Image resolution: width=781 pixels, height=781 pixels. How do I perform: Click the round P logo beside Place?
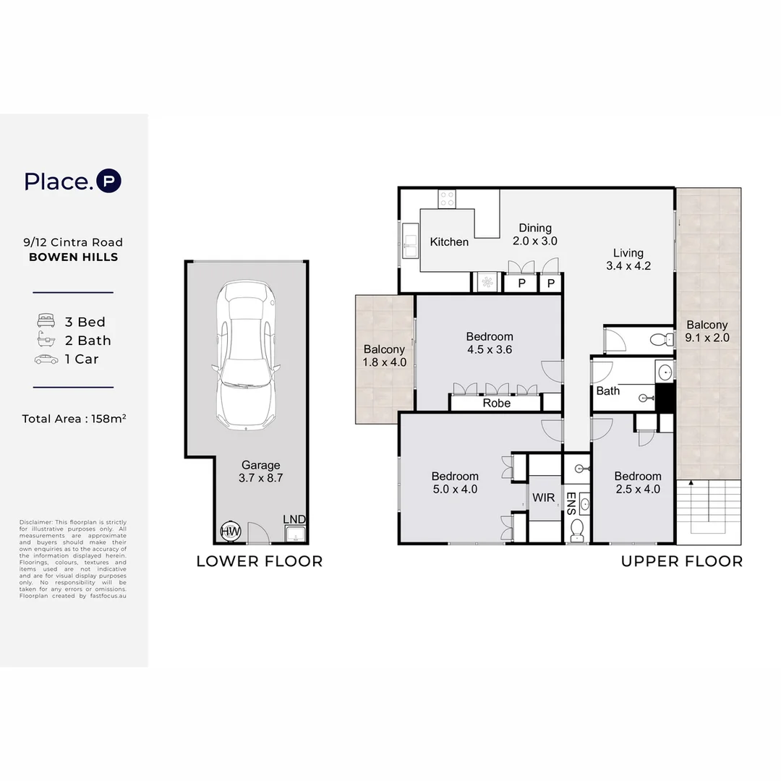click(x=108, y=181)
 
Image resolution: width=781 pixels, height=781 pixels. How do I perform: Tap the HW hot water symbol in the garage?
click(x=231, y=532)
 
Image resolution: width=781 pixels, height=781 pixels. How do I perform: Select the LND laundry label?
click(x=294, y=519)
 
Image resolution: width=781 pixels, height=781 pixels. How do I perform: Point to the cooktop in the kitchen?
click(x=447, y=199)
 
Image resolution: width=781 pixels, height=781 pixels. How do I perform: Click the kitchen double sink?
click(x=411, y=241)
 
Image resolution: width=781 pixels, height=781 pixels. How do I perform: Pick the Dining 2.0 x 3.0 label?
click(x=535, y=234)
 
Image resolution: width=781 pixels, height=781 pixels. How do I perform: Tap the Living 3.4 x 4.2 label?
click(x=628, y=260)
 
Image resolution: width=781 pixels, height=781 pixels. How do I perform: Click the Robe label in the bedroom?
click(x=497, y=403)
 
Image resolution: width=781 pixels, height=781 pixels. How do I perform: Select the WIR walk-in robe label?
click(x=543, y=498)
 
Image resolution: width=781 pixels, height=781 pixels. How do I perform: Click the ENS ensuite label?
click(x=571, y=503)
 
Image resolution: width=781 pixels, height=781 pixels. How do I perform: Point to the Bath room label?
click(x=608, y=391)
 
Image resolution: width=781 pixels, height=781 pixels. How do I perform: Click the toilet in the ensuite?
click(x=577, y=530)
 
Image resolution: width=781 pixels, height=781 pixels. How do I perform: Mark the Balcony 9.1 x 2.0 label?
click(x=707, y=331)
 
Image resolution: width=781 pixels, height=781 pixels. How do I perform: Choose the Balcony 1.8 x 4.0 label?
click(x=384, y=356)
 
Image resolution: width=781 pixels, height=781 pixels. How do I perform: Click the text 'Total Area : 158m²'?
click(x=74, y=419)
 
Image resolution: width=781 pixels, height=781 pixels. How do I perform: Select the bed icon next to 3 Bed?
click(x=46, y=320)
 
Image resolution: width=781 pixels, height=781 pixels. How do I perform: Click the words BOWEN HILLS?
click(x=74, y=257)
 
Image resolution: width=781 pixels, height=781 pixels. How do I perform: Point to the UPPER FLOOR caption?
click(x=682, y=561)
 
